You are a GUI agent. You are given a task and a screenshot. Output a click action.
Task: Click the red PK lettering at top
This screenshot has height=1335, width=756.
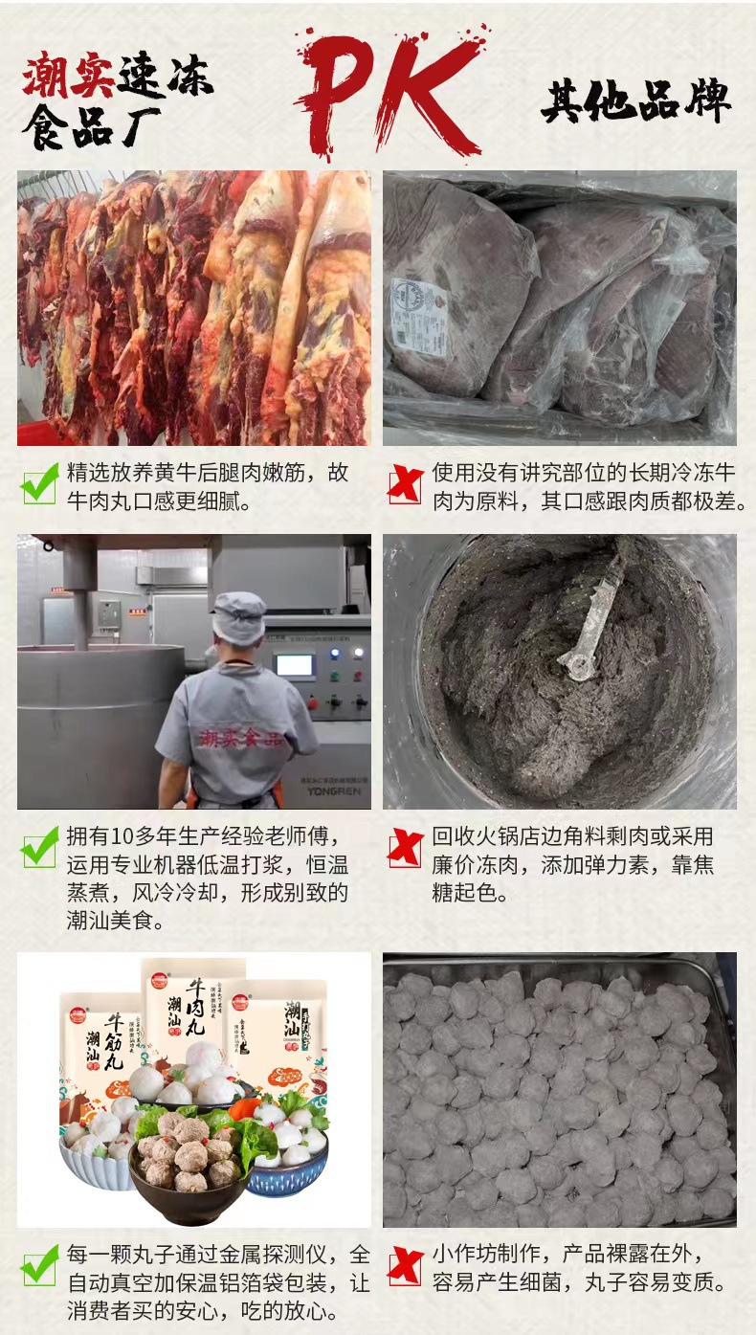[x=388, y=91]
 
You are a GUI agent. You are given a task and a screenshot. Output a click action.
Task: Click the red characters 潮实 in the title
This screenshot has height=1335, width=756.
[x=68, y=77]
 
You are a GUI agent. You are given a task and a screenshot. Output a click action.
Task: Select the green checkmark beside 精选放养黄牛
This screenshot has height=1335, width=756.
[x=39, y=486]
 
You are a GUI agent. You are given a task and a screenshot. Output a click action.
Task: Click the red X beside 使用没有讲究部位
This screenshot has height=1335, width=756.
[x=406, y=485]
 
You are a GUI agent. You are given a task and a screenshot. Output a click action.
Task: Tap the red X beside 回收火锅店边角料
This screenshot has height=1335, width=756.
[x=406, y=848]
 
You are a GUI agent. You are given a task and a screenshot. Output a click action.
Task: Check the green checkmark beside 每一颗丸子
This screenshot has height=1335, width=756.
[x=39, y=1267]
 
